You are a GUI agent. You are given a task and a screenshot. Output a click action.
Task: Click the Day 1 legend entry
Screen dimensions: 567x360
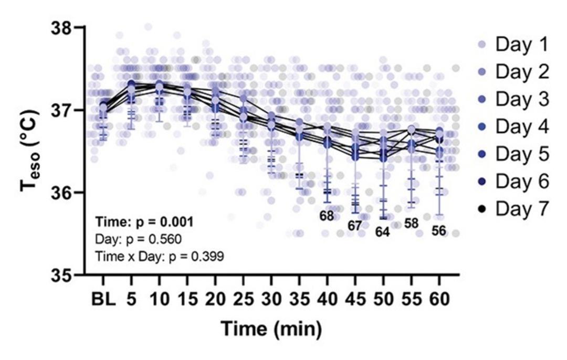click(x=513, y=45)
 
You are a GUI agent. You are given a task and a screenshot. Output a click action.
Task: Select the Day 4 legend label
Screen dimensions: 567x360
click(x=522, y=126)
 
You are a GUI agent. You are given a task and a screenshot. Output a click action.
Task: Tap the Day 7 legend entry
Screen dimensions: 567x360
click(x=513, y=208)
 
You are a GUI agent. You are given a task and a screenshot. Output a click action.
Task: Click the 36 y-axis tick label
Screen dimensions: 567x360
click(x=61, y=192)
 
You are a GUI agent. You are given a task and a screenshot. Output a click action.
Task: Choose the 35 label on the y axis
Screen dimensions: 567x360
click(x=61, y=275)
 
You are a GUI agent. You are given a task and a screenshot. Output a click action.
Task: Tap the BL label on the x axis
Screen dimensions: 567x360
click(x=103, y=299)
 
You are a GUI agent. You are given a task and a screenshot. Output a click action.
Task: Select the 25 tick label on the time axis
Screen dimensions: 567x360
click(x=244, y=299)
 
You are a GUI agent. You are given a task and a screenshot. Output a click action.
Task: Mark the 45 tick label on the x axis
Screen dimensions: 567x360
click(x=355, y=299)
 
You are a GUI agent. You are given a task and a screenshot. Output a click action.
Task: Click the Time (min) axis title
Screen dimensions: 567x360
click(x=271, y=329)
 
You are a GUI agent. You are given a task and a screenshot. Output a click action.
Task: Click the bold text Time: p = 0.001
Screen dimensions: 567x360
click(x=144, y=222)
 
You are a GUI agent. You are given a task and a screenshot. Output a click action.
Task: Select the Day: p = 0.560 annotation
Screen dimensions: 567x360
click(x=139, y=239)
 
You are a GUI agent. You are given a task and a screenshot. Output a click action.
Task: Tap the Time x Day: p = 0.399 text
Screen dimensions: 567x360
click(x=160, y=257)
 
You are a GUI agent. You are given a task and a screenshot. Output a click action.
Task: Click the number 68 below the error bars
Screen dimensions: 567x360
click(x=327, y=216)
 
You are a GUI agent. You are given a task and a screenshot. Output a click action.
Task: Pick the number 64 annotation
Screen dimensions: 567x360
click(x=382, y=232)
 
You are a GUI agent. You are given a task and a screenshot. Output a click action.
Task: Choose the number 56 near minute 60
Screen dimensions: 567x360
click(x=438, y=230)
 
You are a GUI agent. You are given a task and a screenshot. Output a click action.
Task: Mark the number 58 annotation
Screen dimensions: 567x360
click(x=411, y=224)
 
